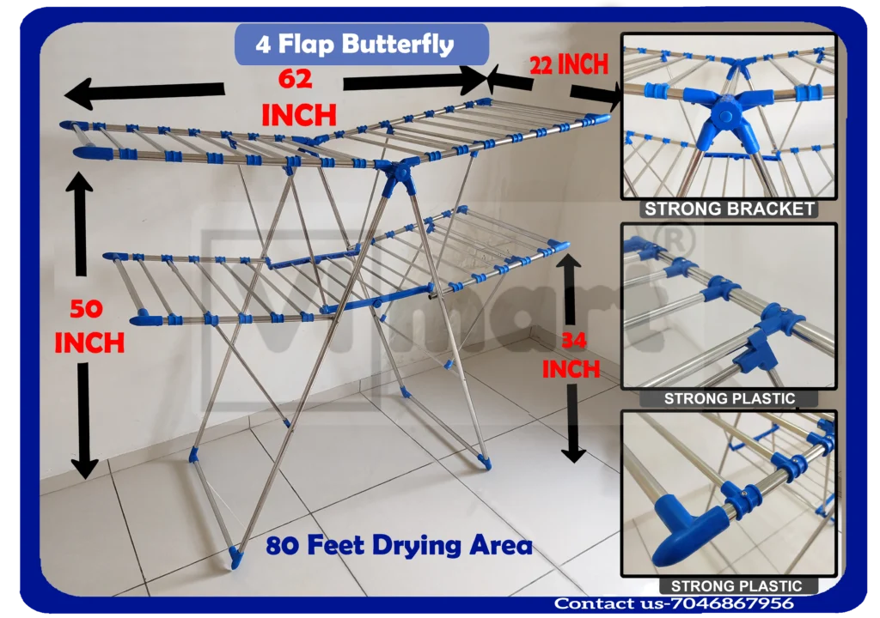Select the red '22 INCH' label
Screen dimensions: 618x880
[x=569, y=64]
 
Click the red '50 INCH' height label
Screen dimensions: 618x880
[x=89, y=326]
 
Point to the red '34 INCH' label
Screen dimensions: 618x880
[x=571, y=354]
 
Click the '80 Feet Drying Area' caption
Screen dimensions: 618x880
[x=399, y=546]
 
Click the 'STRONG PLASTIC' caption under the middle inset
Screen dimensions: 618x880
[x=729, y=398]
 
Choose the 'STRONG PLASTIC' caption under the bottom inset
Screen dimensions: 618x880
[x=736, y=586]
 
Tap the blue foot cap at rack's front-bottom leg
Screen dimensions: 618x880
[x=235, y=555]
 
